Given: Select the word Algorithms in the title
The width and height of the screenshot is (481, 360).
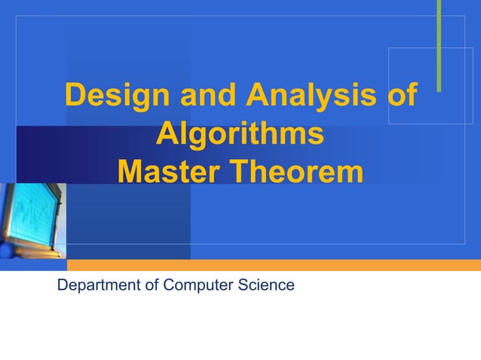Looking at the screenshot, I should coord(240,136).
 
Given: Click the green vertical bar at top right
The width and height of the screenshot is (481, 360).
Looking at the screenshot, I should coord(438,45).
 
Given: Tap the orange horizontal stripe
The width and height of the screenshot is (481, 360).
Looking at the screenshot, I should coord(271,265).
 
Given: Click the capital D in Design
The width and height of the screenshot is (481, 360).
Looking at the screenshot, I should coord(75,96).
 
